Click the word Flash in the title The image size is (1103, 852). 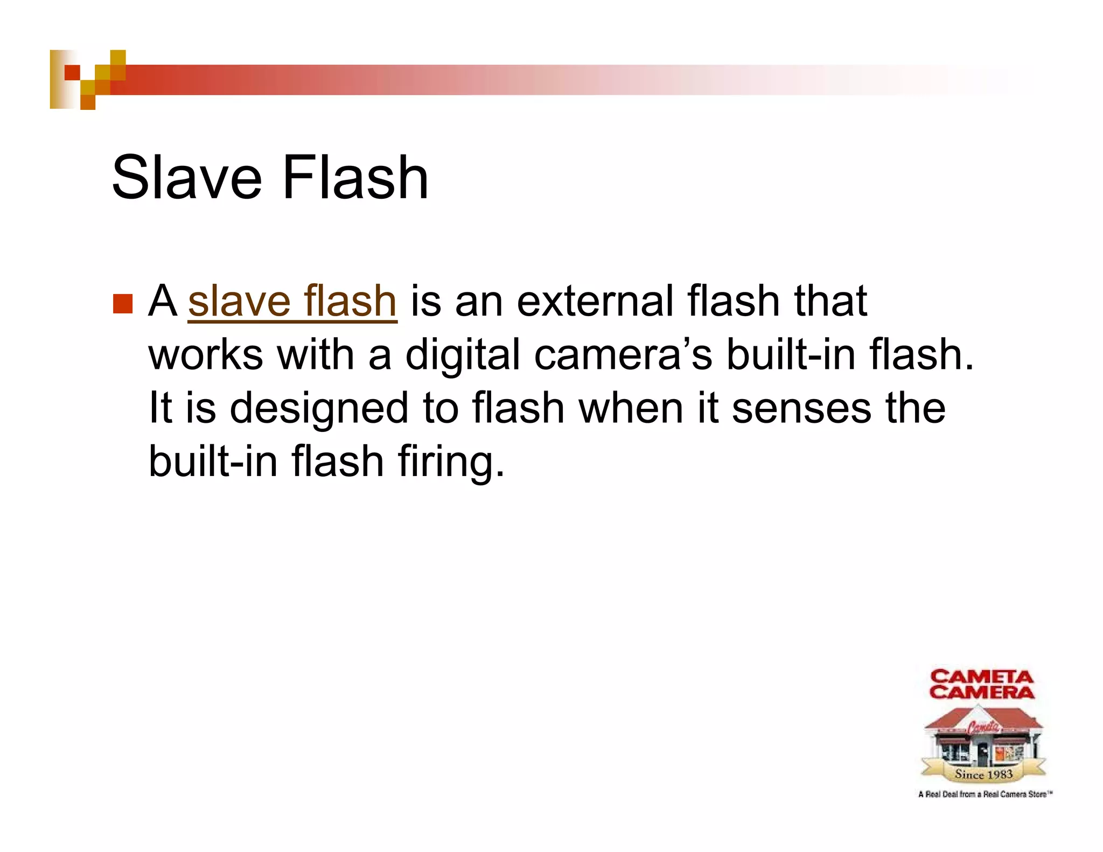(355, 177)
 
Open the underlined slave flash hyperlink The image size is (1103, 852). (292, 301)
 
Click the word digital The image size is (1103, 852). (463, 355)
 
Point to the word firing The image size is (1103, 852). (451, 462)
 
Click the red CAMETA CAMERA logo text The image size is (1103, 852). (981, 685)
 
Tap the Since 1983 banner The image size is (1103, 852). (983, 774)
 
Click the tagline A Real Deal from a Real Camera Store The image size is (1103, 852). (985, 794)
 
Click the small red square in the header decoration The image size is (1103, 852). (72, 72)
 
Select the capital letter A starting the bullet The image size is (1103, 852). (163, 301)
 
